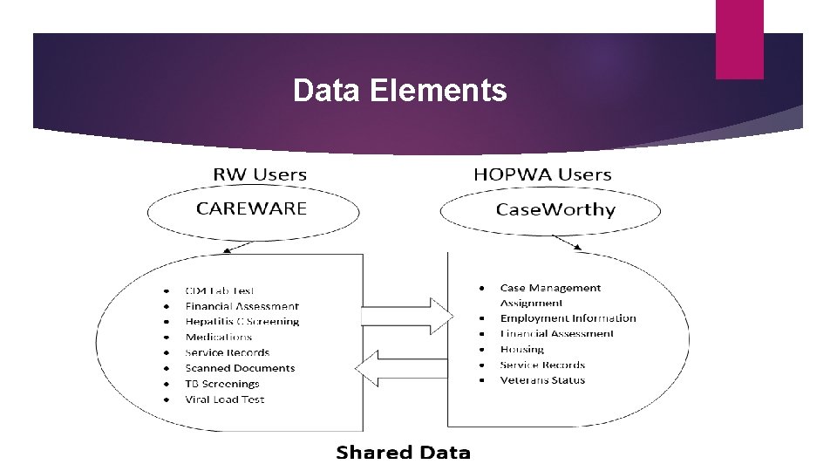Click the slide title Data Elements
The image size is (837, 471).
pos(399,90)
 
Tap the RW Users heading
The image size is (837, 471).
pos(260,174)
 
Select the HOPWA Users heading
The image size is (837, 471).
pos(542,174)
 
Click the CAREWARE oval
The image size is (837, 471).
pos(252,209)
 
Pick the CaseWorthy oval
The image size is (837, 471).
pos(555,210)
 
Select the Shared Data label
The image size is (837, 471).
pos(403,452)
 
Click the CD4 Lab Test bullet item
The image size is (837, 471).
pos(220,290)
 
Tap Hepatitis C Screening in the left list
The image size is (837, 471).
pos(242,322)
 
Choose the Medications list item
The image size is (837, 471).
pos(219,338)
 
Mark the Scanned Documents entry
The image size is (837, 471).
pos(240,368)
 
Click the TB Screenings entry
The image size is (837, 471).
pos(222,384)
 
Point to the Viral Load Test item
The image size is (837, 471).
pos(225,399)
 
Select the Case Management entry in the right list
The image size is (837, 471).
pos(550,288)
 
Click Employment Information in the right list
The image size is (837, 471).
pos(568,318)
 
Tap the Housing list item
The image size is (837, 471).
pos(521,349)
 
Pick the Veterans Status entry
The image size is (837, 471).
pos(542,380)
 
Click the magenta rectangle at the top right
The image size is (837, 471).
pos(739,39)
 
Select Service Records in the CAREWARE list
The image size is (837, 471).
pos(228,352)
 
